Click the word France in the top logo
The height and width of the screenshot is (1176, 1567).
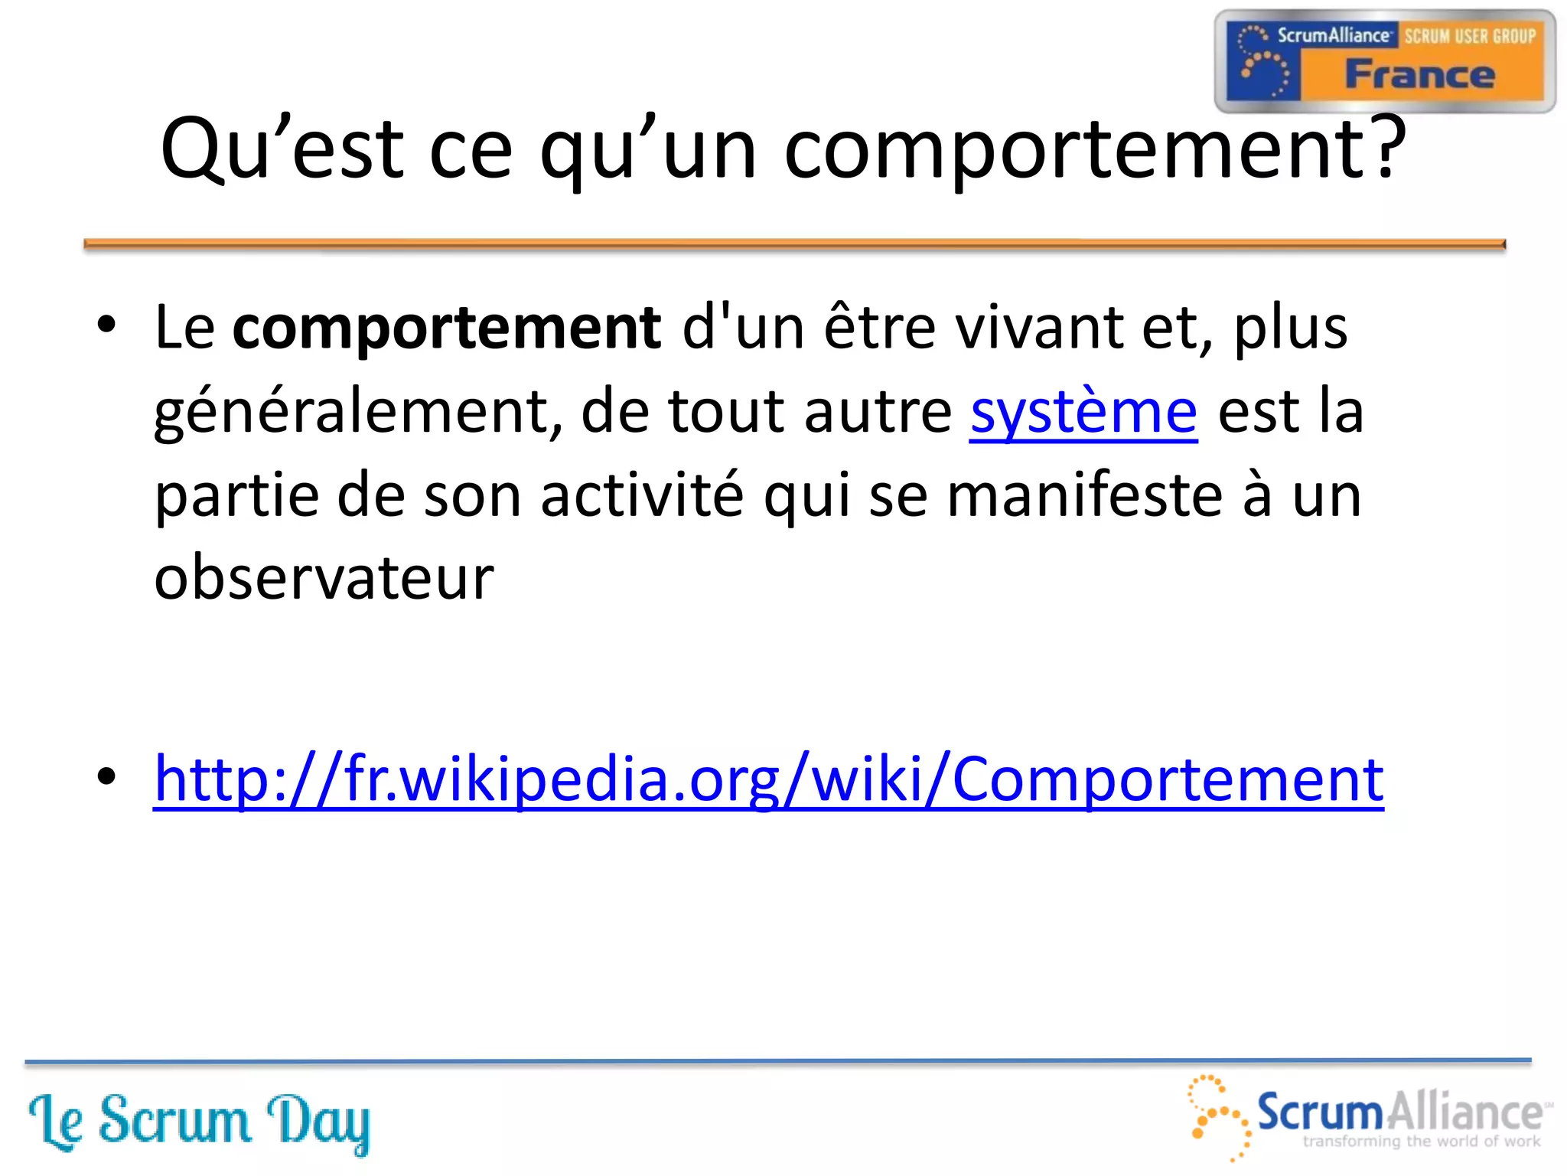[1419, 75]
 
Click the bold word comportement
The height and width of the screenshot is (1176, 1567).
[446, 328]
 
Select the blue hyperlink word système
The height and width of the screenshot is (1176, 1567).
[1083, 412]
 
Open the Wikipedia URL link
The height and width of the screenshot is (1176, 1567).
[768, 779]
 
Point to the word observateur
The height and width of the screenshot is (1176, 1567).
[324, 577]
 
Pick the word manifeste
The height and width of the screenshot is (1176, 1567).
[1084, 495]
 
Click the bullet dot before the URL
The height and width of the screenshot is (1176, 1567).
[107, 776]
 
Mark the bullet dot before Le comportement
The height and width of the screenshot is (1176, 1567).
[107, 325]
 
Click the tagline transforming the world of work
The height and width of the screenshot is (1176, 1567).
[1421, 1142]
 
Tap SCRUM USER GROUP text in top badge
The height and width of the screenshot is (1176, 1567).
[1469, 36]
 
